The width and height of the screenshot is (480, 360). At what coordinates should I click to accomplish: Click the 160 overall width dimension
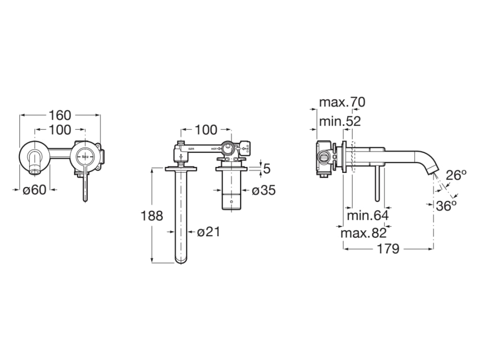(60, 115)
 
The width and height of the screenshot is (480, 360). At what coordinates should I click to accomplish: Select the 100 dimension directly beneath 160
(60, 129)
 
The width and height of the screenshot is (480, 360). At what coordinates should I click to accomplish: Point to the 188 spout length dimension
(152, 216)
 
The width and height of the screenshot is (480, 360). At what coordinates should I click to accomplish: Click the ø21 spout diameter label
(208, 232)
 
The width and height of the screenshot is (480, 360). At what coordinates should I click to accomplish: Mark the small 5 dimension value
(267, 168)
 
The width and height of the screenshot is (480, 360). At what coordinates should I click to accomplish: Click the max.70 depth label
(342, 102)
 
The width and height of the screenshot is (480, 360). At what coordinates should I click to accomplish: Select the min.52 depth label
(340, 121)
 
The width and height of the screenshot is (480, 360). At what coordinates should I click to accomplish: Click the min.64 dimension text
(367, 216)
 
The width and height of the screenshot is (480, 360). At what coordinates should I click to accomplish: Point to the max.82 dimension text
(363, 233)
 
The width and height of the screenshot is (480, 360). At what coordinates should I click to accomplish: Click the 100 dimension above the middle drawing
(206, 129)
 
